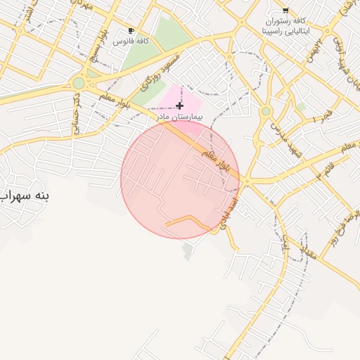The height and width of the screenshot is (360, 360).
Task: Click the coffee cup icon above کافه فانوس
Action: click(x=131, y=31)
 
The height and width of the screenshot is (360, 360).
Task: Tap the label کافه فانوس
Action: click(x=132, y=42)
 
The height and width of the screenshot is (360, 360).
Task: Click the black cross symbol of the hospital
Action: click(x=180, y=105)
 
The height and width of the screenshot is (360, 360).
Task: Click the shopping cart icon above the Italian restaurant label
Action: click(x=285, y=10)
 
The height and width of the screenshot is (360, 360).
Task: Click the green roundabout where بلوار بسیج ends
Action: click(x=78, y=83)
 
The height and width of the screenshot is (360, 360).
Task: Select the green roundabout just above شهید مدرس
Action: click(x=266, y=111)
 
